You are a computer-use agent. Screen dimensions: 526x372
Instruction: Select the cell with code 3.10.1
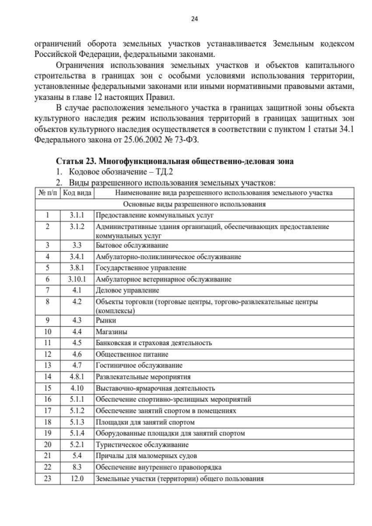coord(77,279)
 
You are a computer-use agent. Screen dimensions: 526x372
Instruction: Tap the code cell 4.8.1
coord(77,377)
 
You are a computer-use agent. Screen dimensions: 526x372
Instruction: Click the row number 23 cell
coord(47,479)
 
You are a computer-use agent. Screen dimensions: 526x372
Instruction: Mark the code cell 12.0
coord(77,479)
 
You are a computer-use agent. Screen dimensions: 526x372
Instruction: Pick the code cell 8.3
coord(77,467)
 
